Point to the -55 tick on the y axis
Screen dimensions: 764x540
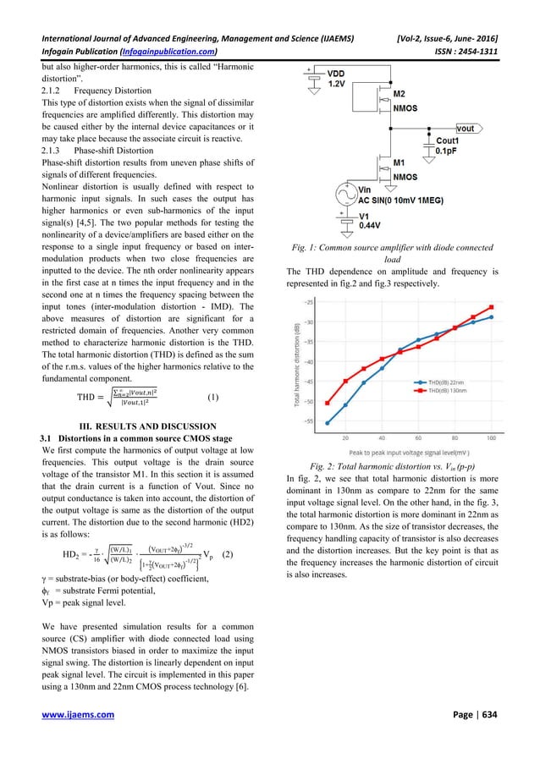click(x=307, y=421)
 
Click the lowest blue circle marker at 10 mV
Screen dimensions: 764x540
click(x=327, y=423)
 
